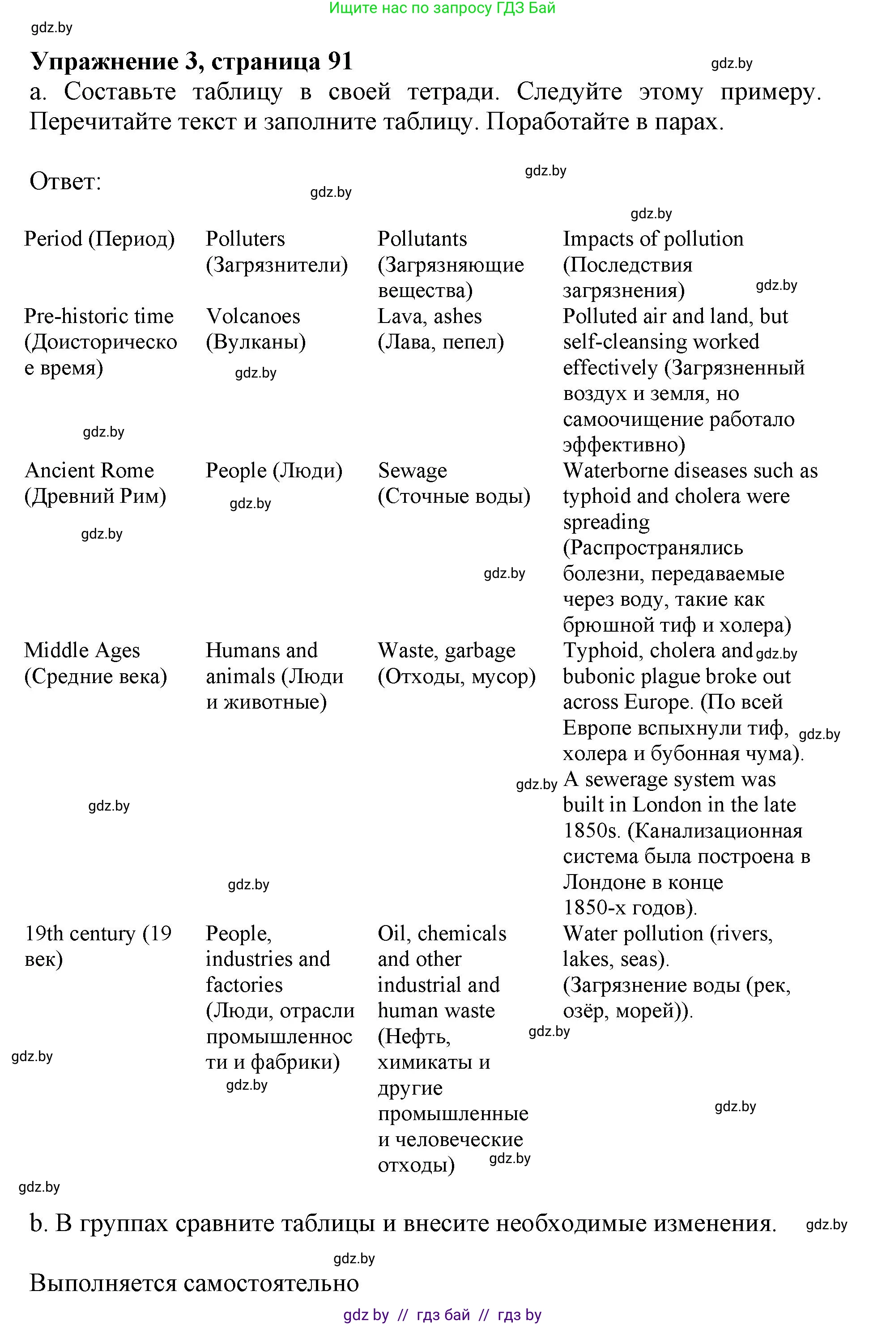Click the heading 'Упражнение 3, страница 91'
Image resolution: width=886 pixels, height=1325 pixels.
tap(191, 61)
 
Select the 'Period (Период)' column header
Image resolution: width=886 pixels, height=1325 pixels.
tap(99, 239)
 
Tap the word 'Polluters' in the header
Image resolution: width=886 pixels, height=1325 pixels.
tap(245, 239)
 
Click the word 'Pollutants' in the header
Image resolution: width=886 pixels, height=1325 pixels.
tap(422, 239)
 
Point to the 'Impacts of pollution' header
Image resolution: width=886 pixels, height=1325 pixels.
tap(652, 239)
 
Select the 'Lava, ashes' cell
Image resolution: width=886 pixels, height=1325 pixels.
tap(430, 316)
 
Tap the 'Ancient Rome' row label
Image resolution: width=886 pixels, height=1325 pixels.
tap(89, 471)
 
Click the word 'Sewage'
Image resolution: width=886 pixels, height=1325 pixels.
tap(412, 471)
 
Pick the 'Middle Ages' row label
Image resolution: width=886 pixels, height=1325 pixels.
tap(81, 650)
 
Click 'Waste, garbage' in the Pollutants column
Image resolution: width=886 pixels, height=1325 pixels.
tap(447, 650)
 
